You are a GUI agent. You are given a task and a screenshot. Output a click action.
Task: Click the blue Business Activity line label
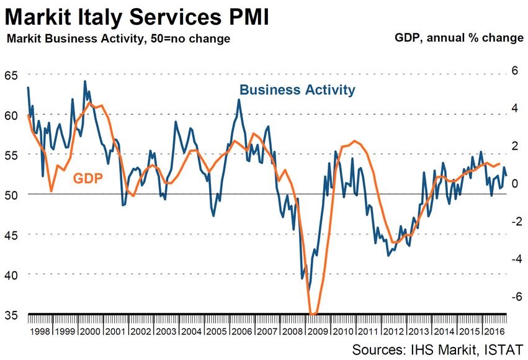297,90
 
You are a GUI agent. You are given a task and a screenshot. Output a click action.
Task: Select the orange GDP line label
87,179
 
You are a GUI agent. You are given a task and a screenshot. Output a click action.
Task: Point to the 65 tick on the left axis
12,75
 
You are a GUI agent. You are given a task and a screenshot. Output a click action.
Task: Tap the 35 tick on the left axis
12,315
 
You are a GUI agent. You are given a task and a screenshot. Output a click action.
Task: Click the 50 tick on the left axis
12,195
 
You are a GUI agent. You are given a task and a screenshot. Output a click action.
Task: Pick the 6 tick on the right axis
512,71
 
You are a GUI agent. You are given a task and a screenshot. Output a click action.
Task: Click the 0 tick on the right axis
512,184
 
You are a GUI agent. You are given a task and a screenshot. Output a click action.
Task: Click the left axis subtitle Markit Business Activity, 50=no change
118,38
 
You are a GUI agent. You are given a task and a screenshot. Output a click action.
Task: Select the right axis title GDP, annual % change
459,38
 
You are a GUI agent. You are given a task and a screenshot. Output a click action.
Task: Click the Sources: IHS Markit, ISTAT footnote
437,348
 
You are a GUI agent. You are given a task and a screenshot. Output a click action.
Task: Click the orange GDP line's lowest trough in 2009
313,313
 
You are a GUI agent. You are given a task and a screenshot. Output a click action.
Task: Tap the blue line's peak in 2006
239,99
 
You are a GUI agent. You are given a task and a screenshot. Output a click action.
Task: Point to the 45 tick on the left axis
12,235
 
